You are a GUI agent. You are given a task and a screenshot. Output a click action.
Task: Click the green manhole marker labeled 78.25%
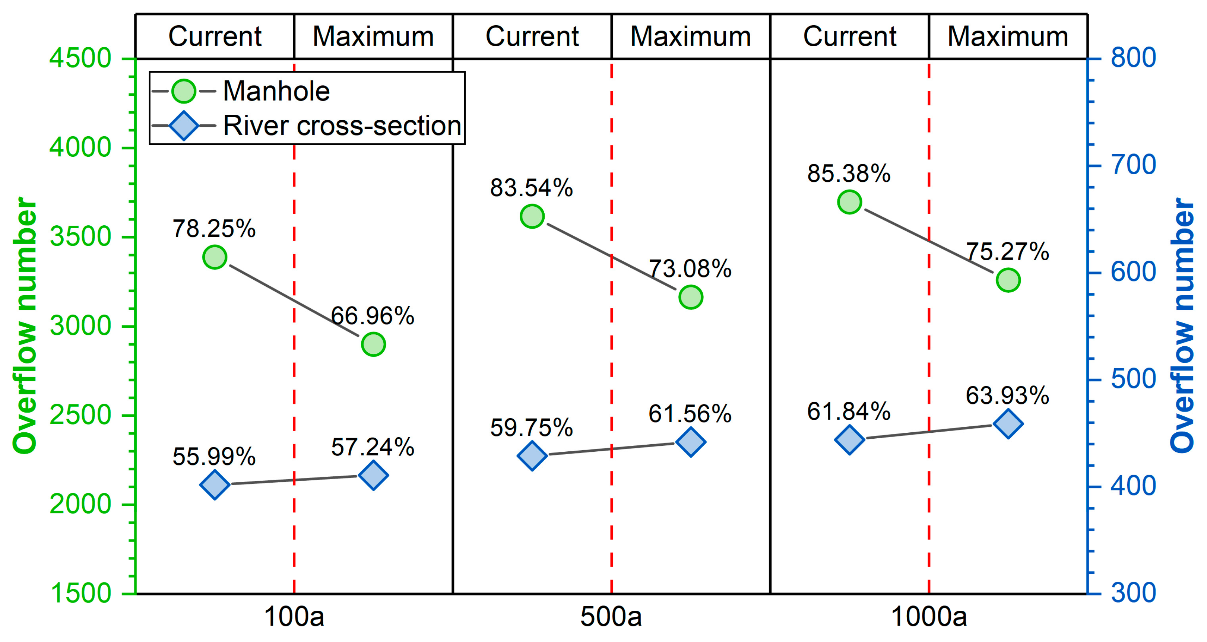click(x=215, y=257)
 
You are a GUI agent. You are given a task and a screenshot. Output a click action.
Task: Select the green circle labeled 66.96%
click(x=373, y=344)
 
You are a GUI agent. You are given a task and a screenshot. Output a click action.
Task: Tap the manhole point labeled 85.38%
click(x=849, y=202)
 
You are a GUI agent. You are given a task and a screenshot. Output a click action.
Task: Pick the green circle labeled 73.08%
click(x=691, y=297)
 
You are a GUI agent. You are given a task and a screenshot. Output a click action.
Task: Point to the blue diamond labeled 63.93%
click(x=1008, y=424)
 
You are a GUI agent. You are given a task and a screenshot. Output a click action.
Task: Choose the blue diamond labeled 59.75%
click(x=532, y=455)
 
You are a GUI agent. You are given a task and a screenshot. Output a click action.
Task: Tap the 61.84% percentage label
click(x=849, y=411)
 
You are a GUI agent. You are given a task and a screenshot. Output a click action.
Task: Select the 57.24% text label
click(x=373, y=447)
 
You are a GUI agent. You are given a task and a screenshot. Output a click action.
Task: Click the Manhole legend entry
click(x=276, y=91)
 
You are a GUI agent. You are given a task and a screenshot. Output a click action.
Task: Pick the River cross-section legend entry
click(x=342, y=126)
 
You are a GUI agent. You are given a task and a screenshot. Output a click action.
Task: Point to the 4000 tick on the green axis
click(x=80, y=148)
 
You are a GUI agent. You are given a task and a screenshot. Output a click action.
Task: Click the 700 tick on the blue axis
click(x=1133, y=165)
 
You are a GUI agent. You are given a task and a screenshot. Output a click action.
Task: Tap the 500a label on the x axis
click(x=611, y=617)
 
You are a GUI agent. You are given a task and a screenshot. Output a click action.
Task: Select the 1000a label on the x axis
click(x=928, y=617)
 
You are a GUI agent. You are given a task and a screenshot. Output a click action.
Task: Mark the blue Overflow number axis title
click(x=1183, y=325)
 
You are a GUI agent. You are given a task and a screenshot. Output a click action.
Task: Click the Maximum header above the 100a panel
click(x=373, y=36)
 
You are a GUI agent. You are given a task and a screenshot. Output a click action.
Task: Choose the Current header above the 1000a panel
click(x=849, y=36)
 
